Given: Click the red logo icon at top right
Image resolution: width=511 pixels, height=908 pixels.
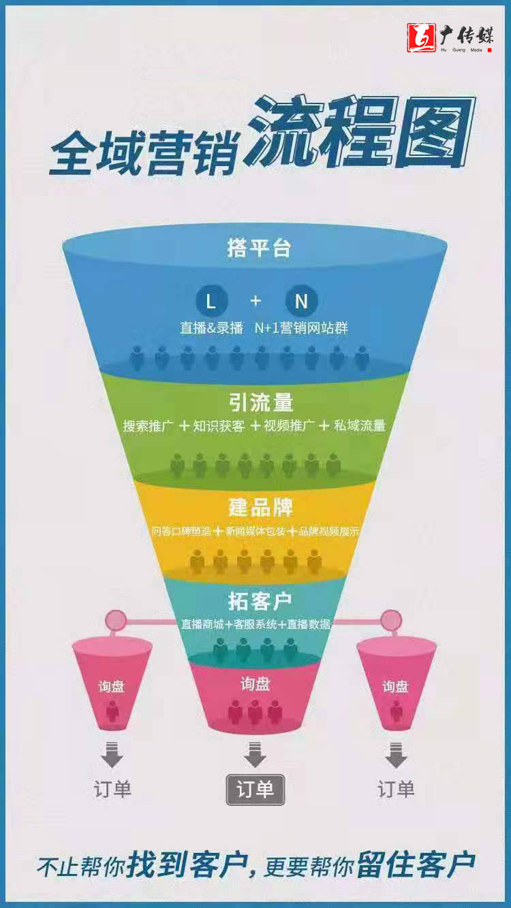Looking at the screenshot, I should pos(421,38).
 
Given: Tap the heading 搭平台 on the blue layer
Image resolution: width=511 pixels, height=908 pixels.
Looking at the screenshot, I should pos(259,248).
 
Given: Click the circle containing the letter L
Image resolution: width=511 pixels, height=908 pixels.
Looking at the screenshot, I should pos(211,301).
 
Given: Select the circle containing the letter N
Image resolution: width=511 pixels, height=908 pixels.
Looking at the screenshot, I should pos(301,301).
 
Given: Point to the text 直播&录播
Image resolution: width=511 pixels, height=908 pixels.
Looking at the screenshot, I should pos(211,328).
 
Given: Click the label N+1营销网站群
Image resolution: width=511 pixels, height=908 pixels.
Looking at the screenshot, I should pos(301,328).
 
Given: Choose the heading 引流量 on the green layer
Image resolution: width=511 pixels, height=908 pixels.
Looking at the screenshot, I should pos(261,402).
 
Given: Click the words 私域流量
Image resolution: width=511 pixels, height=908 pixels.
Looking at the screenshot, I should pos(360,426).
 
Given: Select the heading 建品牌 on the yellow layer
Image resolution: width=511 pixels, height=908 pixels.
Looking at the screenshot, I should pos(260,507).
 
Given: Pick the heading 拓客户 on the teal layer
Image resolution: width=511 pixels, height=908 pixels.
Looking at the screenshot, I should pos(260,601).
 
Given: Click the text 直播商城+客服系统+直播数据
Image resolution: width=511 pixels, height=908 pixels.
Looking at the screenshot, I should pos(255,623).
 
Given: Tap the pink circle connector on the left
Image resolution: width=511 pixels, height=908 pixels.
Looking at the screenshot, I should pos(116,620).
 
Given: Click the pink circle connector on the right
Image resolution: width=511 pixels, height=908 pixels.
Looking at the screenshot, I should pos(391,620).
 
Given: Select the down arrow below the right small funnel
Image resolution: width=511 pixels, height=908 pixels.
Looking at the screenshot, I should pos(396,755).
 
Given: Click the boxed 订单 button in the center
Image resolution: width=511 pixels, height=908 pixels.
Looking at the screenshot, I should pos(255,790).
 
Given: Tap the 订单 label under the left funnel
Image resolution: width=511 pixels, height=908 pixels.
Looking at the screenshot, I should pos(112,790).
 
